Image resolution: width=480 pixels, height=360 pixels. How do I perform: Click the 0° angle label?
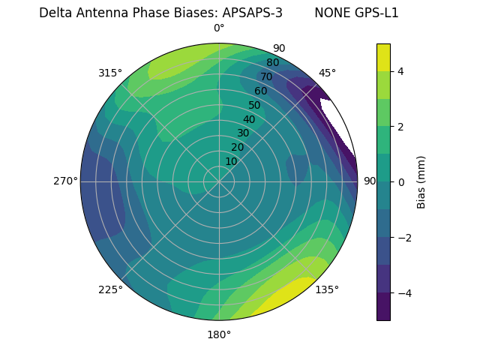(219, 28)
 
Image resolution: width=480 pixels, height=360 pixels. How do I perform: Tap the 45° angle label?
(327, 73)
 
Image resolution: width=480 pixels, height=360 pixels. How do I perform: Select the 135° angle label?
(327, 289)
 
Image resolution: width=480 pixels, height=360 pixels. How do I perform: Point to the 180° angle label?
(219, 334)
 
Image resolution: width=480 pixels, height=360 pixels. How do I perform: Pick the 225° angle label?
(110, 290)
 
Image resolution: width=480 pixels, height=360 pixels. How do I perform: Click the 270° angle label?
(65, 181)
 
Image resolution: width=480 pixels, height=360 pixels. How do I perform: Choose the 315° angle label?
(110, 73)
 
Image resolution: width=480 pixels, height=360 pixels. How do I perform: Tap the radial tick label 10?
(231, 161)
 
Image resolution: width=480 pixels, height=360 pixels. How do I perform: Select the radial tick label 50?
(255, 106)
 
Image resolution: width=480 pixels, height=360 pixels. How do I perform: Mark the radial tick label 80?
(272, 63)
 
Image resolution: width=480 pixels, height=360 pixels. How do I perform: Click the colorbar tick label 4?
(401, 71)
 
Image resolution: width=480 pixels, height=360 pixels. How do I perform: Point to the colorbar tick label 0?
(401, 182)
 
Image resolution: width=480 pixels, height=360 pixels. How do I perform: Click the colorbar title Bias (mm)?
(421, 182)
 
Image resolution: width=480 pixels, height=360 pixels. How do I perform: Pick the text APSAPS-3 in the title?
(252, 13)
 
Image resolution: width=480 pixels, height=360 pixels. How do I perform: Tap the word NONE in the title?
(331, 13)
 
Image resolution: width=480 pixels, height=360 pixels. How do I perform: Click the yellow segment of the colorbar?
(383, 57)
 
